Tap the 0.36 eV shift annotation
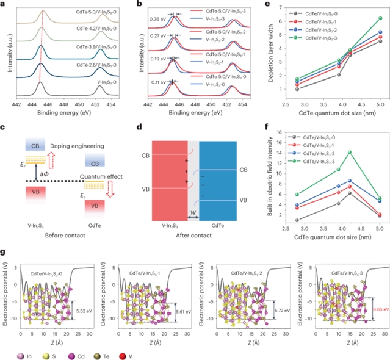pyautogui.click(x=158, y=18)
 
